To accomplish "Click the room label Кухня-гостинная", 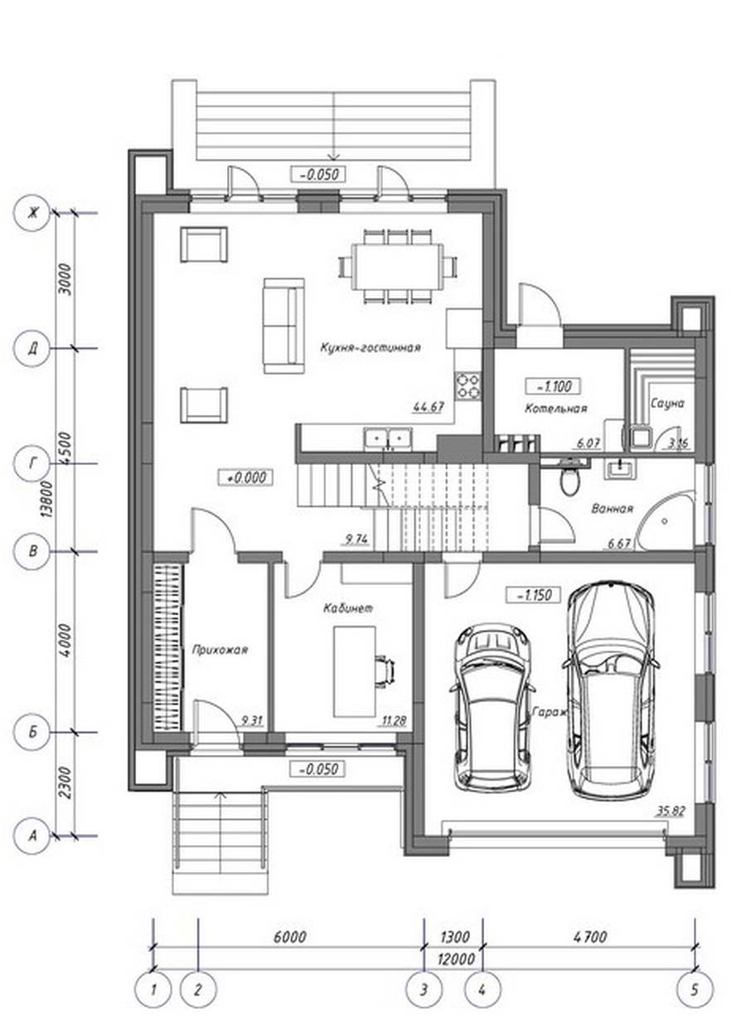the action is coord(371,347).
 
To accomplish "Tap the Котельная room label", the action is coord(555,408).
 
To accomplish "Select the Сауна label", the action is coord(667,404).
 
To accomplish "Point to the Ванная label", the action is coord(612,508).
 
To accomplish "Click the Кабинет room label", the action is coord(348,608).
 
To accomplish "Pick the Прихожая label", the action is coord(220,650).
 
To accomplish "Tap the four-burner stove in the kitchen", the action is coord(468,386).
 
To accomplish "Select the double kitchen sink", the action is coord(388,438).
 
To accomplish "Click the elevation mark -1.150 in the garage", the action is coord(533,596).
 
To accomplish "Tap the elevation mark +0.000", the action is coord(245,477).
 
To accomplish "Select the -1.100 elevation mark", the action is coord(553,386).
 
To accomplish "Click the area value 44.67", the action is coord(429,407).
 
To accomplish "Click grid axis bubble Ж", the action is coord(32,213).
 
